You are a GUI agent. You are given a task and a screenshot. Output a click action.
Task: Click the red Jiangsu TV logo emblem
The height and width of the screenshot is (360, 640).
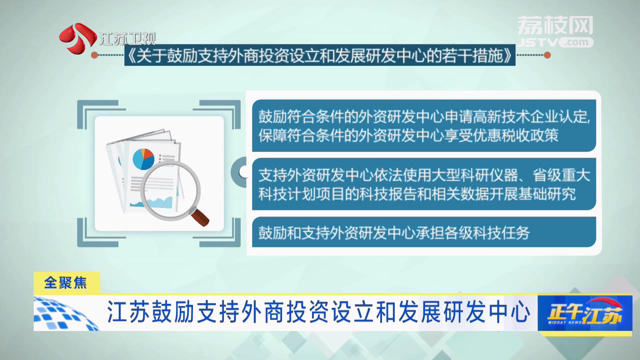(77, 37)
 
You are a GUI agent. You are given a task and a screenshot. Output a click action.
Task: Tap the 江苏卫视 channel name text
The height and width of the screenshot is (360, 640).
(127, 38)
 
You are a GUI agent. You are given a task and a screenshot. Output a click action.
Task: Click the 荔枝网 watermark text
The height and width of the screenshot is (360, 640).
(555, 25)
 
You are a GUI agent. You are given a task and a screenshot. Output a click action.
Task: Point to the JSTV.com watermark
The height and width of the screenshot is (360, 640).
(555, 42)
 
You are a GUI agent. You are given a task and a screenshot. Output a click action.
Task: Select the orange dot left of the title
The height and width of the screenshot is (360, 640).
(94, 55)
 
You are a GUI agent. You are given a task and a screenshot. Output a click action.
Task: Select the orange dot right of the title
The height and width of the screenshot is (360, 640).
(547, 55)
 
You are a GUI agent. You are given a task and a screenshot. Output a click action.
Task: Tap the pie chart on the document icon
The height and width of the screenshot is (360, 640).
(143, 159)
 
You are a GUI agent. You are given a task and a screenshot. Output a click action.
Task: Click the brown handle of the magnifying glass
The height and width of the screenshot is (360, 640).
(199, 217)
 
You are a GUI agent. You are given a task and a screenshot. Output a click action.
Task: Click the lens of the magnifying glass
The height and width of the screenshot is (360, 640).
(170, 190)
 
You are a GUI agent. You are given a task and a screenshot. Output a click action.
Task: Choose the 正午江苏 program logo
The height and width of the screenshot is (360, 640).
(584, 313)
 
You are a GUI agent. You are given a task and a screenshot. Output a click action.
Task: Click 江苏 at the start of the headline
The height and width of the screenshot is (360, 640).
(128, 312)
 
